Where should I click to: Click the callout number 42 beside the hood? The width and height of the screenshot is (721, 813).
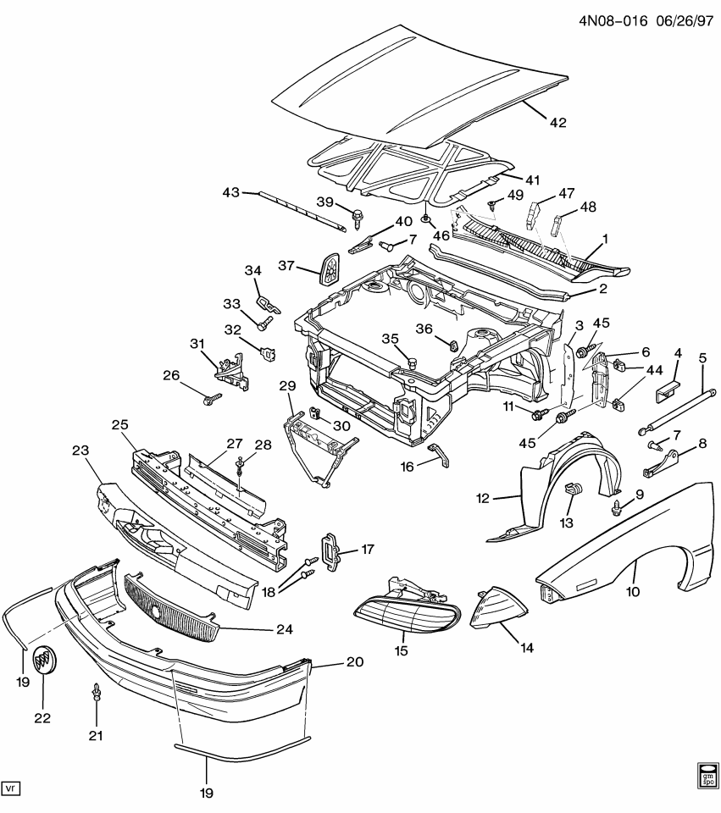click(557, 123)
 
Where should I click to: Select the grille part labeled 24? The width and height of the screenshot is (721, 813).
click(169, 607)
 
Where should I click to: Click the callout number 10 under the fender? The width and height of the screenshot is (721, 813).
click(632, 592)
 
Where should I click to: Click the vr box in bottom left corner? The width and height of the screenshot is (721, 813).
click(11, 788)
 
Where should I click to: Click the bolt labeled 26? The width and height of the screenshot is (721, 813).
click(211, 396)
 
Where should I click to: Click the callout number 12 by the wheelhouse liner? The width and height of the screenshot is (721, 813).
click(483, 499)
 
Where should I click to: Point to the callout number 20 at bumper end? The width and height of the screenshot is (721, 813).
click(354, 662)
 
